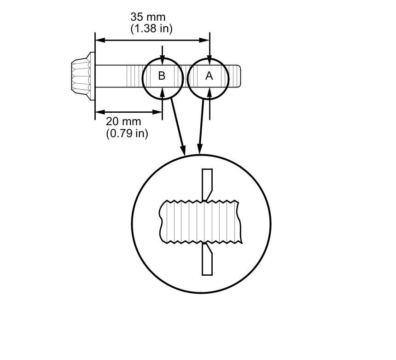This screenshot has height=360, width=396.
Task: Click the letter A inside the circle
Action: click(209, 76)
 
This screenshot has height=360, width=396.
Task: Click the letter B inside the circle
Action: click(162, 76)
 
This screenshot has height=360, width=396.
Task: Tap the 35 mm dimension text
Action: click(147, 17)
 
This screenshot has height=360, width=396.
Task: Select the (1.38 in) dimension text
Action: click(151, 29)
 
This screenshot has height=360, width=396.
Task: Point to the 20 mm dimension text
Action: click(123, 122)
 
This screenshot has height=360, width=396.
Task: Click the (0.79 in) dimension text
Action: click(127, 134)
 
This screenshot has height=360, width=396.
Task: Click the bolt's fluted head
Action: click(80, 75)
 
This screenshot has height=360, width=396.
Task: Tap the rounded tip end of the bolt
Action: click(237, 76)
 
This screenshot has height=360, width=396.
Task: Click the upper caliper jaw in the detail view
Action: click(207, 182)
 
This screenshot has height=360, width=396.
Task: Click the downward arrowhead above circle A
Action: click(210, 60)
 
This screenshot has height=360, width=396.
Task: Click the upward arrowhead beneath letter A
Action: click(209, 92)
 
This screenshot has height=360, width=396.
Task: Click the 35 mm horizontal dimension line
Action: click(152, 41)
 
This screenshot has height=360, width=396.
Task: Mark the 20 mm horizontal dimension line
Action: click(128, 112)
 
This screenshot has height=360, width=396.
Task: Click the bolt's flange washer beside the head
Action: click(92, 75)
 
